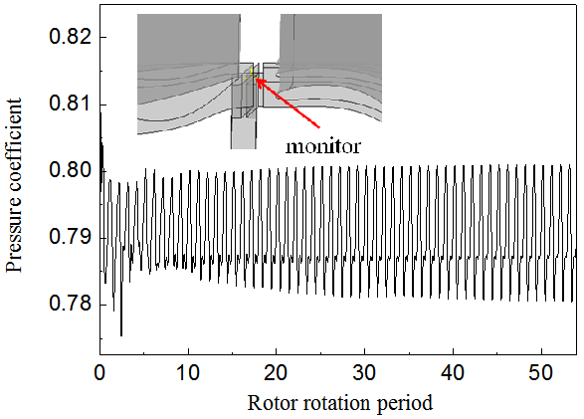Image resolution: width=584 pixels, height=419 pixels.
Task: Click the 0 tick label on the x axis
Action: [x=99, y=372]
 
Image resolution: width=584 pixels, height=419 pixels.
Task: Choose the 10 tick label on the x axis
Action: [x=188, y=372]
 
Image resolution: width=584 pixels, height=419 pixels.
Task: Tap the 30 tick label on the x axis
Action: [x=365, y=372]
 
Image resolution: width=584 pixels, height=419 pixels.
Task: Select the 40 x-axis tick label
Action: [x=454, y=372]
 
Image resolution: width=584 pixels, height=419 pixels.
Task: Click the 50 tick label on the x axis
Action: [x=542, y=372]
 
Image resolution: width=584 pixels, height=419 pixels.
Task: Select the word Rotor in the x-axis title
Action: [x=269, y=403]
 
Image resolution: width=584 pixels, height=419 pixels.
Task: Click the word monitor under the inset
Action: [x=321, y=145]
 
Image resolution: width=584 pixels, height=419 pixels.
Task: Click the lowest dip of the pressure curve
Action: [x=121, y=334]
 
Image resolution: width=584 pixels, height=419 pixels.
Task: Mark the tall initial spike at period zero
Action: [x=100, y=117]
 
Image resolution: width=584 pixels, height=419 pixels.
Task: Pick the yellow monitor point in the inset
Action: [x=253, y=76]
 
